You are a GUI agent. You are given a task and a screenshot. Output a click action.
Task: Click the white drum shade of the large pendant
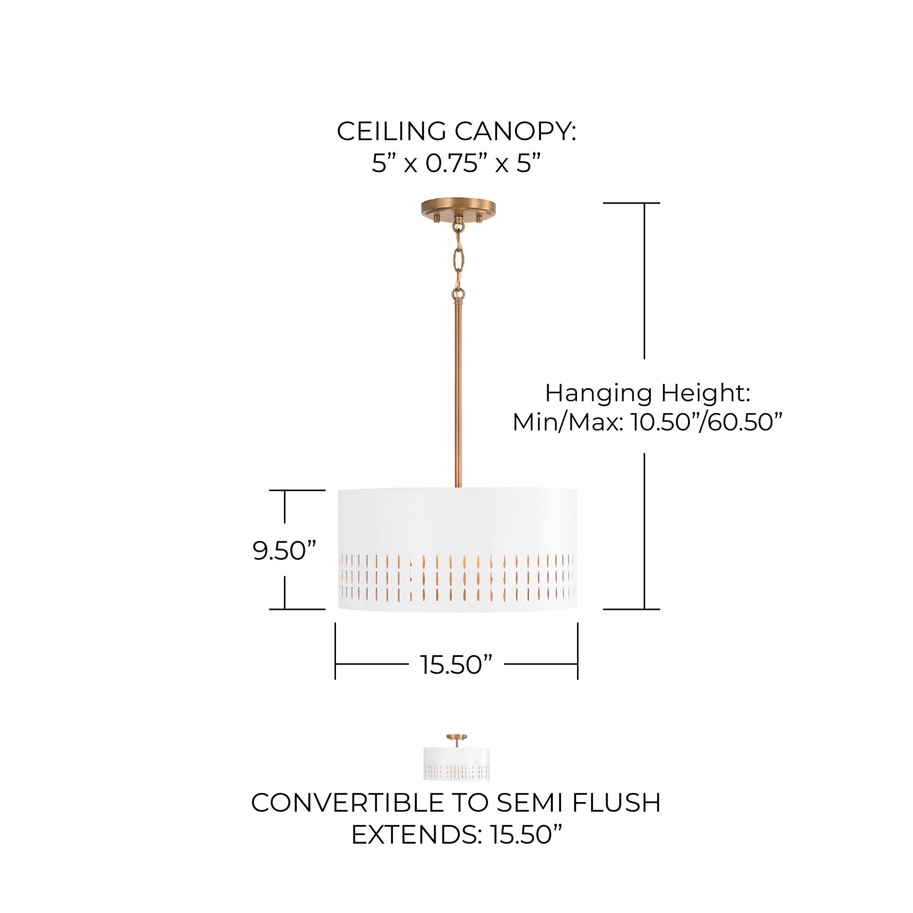pyautogui.click(x=457, y=520)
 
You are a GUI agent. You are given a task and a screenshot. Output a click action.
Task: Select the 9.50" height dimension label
pyautogui.click(x=284, y=550)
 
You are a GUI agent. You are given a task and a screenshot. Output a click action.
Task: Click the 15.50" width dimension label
pyautogui.click(x=456, y=665)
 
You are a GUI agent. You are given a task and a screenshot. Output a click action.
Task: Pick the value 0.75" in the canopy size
pyautogui.click(x=456, y=164)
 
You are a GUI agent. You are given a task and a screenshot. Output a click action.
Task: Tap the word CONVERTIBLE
pyautogui.click(x=347, y=803)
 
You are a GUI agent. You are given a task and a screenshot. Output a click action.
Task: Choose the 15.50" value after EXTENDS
pyautogui.click(x=526, y=835)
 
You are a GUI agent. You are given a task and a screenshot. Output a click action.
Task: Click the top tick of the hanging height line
pyautogui.click(x=631, y=203)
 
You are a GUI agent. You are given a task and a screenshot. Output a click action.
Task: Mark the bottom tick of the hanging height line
pyautogui.click(x=631, y=609)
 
